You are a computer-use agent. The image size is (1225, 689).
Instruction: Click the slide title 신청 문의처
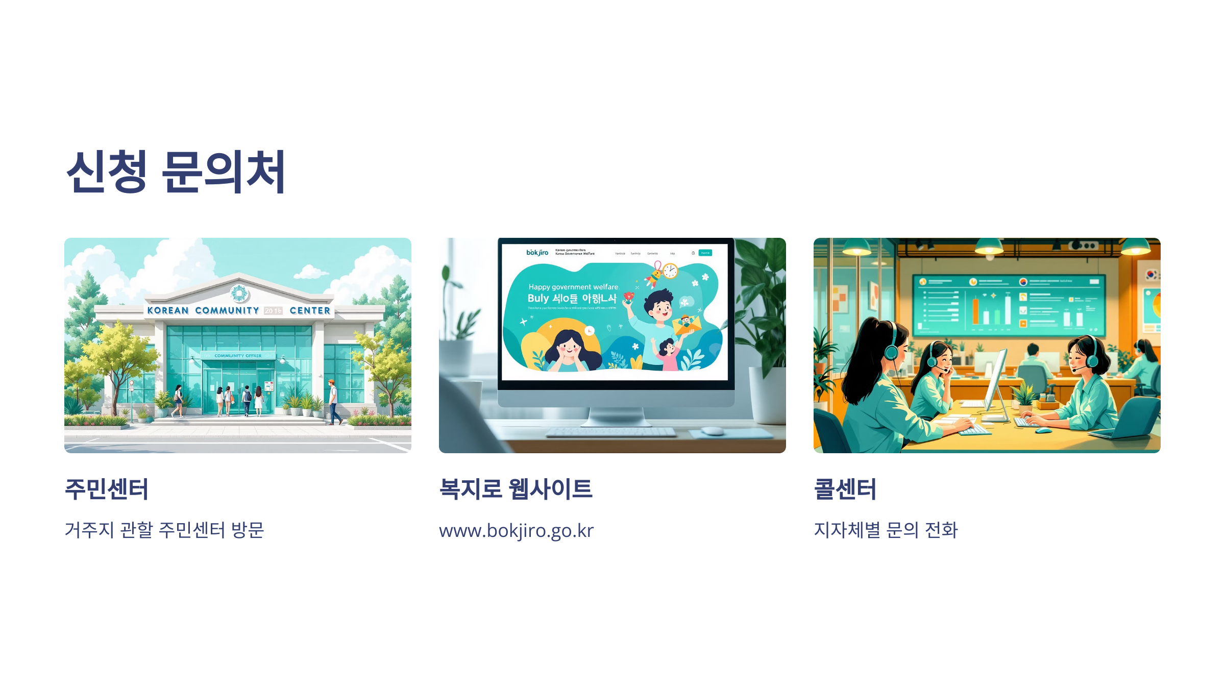pyautogui.click(x=176, y=172)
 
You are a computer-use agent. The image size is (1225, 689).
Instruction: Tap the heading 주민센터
pyautogui.click(x=107, y=489)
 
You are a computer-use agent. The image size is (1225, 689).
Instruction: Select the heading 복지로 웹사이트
pyautogui.click(x=516, y=489)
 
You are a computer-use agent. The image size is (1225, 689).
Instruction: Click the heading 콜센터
pyautogui.click(x=845, y=489)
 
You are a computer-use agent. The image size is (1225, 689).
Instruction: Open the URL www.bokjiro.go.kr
pyautogui.click(x=516, y=531)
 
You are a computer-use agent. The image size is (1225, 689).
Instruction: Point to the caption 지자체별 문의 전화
pyautogui.click(x=886, y=530)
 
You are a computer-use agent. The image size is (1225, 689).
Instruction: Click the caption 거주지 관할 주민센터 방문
pyautogui.click(x=164, y=530)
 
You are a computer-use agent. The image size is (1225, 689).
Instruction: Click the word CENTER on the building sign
pyautogui.click(x=310, y=310)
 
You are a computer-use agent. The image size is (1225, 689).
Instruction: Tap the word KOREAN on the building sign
pyautogui.click(x=168, y=310)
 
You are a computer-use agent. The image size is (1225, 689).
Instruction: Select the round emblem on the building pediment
pyautogui.click(x=239, y=293)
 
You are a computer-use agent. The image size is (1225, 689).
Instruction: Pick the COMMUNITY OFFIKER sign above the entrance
pyautogui.click(x=238, y=356)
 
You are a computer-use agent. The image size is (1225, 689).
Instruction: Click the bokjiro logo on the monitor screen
pyautogui.click(x=537, y=253)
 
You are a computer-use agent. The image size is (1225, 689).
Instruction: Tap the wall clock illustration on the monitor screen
pyautogui.click(x=670, y=270)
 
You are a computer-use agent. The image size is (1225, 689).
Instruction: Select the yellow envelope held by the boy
pyautogui.click(x=686, y=325)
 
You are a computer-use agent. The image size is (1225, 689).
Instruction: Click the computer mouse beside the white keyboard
pyautogui.click(x=713, y=431)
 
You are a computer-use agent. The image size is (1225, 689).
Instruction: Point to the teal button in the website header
pyautogui.click(x=705, y=253)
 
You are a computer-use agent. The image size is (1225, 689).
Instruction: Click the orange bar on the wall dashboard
pyautogui.click(x=975, y=311)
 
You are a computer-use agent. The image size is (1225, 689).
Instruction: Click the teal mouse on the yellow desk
pyautogui.click(x=1043, y=430)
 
